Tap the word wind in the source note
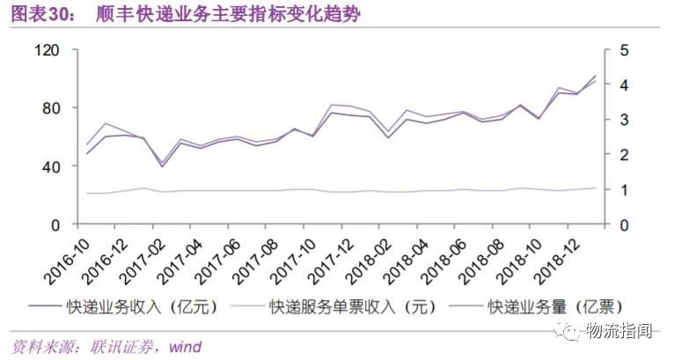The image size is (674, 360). [x=184, y=347]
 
